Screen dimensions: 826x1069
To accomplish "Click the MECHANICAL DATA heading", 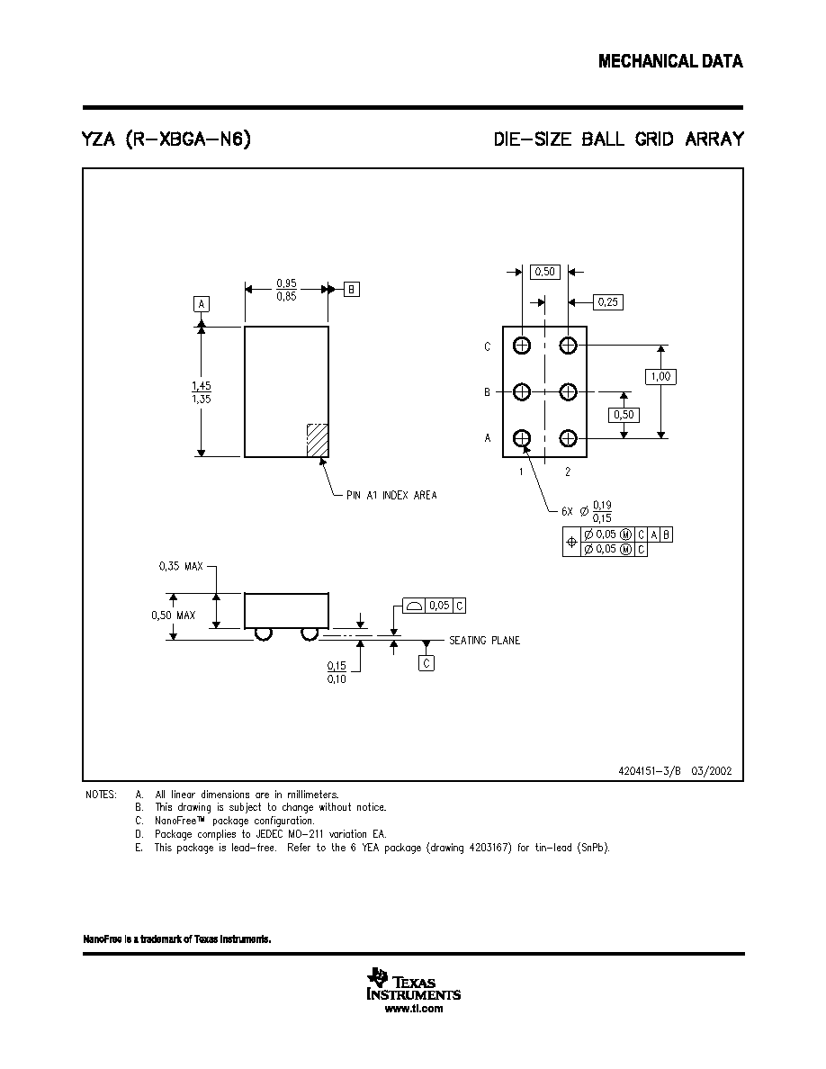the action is coord(670,61).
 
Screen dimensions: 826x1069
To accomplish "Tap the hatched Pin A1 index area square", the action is coord(318,440).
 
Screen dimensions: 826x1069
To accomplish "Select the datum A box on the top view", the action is coord(201,304).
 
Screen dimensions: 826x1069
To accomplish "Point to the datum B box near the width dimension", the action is coord(351,289).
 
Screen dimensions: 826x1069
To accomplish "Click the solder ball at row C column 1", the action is coord(522,346).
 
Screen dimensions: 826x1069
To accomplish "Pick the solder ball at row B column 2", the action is coord(568,392).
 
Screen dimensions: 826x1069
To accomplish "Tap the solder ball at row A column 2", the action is coord(568,437).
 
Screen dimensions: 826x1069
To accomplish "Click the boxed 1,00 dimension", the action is coord(660,376).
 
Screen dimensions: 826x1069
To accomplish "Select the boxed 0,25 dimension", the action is coord(607,302).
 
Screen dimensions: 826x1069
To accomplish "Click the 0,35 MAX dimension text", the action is coord(181,566).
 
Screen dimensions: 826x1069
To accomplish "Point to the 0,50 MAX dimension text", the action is coord(173,615).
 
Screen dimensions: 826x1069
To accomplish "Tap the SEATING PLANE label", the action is coord(485,640).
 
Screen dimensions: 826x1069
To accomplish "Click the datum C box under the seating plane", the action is coord(426,662).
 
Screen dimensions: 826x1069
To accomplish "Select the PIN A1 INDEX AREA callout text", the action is coord(392,495).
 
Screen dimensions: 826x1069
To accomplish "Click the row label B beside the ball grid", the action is coord(488,392).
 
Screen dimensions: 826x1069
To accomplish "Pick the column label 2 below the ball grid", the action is coord(568,472).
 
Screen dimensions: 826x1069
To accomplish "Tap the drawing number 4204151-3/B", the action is coord(650,771).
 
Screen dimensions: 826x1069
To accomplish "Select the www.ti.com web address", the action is coord(414,1009).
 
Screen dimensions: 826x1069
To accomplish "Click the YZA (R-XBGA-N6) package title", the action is coord(166,139).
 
